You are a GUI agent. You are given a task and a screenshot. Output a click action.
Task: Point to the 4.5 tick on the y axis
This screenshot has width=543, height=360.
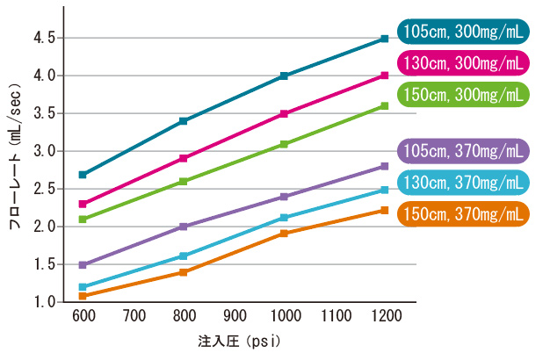[x=45, y=39]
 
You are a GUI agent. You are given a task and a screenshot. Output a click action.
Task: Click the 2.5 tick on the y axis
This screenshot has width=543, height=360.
[x=45, y=189]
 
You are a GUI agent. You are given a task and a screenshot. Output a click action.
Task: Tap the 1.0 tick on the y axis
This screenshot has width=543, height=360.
[x=45, y=302]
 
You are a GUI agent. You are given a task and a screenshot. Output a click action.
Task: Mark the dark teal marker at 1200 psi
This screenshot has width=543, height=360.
[x=384, y=39]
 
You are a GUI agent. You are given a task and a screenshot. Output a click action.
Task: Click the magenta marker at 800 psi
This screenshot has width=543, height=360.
[x=183, y=158]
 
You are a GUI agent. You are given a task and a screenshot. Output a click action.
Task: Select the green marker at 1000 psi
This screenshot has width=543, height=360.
[x=284, y=144]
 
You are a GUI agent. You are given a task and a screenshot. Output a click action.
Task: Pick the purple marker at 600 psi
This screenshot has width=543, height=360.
[x=83, y=264]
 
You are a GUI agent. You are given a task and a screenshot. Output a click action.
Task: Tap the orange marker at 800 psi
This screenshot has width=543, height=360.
[x=183, y=272]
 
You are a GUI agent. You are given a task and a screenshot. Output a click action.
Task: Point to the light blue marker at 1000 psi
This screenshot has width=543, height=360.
[x=284, y=218]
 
